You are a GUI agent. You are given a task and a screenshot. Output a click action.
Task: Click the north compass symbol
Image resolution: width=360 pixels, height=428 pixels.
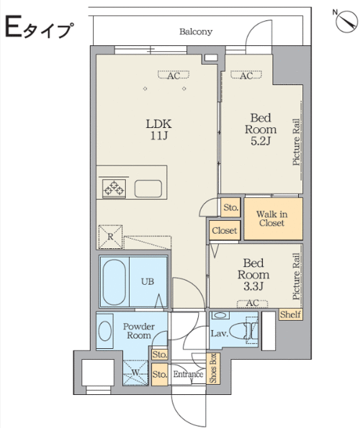tap(346, 21)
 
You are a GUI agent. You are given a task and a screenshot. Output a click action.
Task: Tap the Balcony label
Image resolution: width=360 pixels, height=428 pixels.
tap(196, 32)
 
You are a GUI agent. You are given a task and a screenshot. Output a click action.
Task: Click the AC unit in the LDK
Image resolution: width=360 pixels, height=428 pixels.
tap(174, 75)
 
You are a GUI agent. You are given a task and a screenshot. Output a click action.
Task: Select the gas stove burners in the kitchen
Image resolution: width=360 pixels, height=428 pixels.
tap(114, 188)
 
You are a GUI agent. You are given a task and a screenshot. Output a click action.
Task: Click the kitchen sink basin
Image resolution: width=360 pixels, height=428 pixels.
tap(148, 188)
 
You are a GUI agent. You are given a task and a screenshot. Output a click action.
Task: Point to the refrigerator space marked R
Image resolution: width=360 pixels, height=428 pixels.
tap(110, 237)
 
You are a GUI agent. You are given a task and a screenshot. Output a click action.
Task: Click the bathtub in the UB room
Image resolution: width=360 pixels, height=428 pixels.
tap(114, 282)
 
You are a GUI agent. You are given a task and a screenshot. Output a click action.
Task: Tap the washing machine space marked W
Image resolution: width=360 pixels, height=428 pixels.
tap(135, 373)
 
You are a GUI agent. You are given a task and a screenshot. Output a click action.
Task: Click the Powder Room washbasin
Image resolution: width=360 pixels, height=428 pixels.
tap(104, 331)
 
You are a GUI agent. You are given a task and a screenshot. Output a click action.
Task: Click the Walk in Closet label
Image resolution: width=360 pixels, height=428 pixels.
tap(271, 219)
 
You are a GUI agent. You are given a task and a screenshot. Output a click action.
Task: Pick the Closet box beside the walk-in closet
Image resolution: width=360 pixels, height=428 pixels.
tap(225, 230)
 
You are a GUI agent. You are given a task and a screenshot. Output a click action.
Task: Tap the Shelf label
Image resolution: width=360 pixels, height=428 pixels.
tap(290, 314)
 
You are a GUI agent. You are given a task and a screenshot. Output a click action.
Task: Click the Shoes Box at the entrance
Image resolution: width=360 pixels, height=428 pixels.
tap(213, 368)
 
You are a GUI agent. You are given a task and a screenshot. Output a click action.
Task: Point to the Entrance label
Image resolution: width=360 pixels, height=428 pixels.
tap(188, 373)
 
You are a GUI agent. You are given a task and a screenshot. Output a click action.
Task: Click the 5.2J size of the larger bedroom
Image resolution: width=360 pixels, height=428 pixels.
tap(261, 141)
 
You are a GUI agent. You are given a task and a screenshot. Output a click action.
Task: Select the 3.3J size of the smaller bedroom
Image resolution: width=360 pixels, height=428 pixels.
tap(253, 286)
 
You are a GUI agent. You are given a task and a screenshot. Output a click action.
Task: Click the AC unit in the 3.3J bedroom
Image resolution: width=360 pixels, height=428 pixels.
tap(252, 304)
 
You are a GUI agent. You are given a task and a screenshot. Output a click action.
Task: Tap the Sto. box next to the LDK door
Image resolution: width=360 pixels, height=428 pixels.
tap(231, 207)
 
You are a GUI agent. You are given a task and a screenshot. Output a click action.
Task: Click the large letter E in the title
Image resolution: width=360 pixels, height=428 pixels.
tap(13, 26)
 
